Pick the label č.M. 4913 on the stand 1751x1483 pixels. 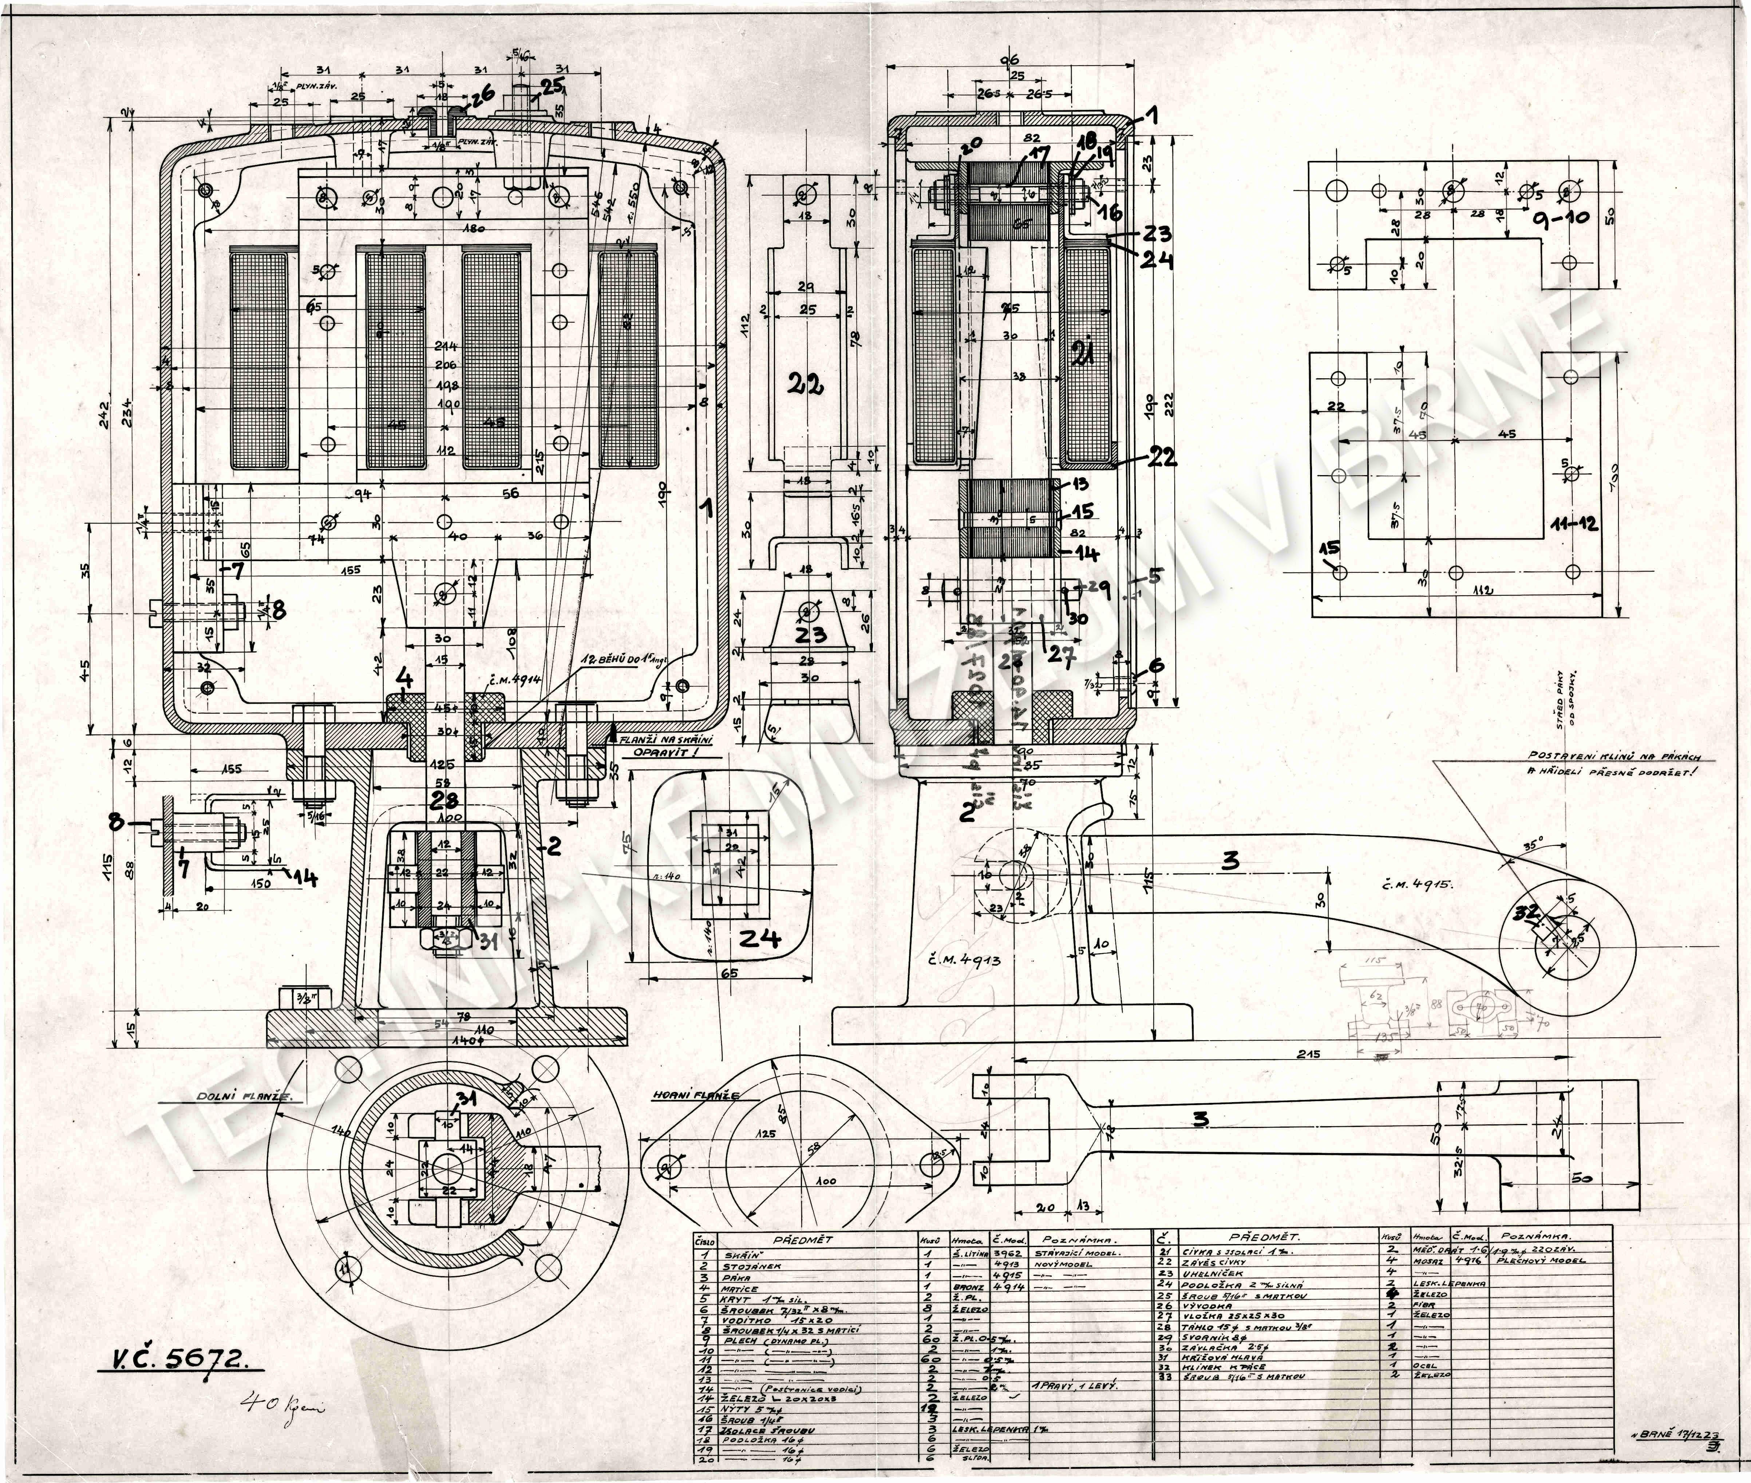click(x=965, y=958)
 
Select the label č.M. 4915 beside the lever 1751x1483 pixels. click(x=1416, y=884)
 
